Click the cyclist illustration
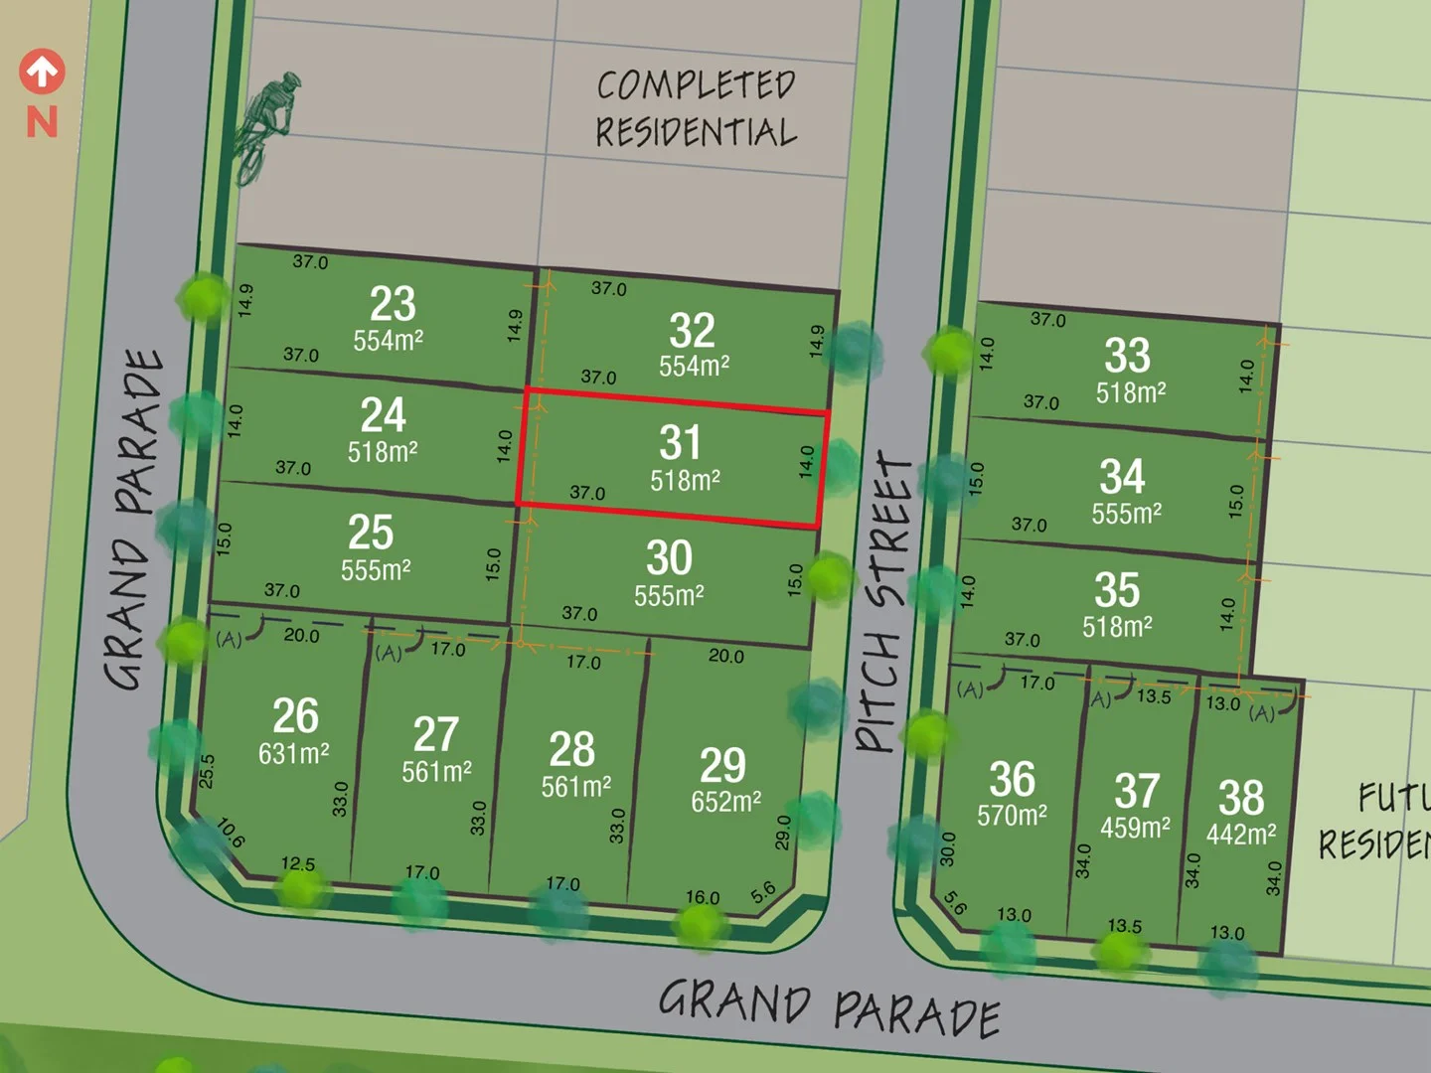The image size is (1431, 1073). (264, 126)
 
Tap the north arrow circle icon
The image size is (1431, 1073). (42, 72)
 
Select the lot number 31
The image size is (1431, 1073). (680, 443)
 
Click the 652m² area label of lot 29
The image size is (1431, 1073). (726, 802)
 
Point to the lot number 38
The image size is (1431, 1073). (1241, 798)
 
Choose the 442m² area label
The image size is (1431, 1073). (1241, 835)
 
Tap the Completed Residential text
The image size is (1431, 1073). (696, 108)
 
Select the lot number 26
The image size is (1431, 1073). (295, 716)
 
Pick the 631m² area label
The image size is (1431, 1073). (294, 754)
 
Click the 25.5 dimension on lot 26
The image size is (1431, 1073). (207, 771)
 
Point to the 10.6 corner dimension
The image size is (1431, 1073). (231, 833)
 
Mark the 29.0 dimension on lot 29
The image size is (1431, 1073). (783, 833)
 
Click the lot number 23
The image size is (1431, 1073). (393, 304)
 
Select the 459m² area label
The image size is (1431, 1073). (1135, 828)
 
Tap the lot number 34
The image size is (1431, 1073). (1122, 477)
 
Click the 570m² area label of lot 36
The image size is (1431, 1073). (1012, 816)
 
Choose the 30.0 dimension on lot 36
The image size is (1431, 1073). (947, 848)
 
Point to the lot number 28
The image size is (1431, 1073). (572, 749)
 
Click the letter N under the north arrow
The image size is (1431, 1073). (42, 122)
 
